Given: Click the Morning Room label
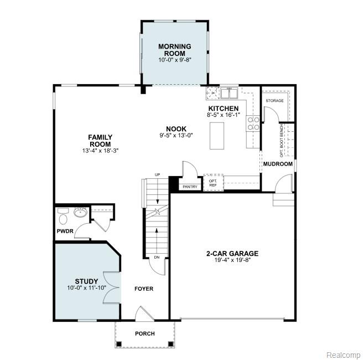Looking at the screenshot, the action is tap(175, 50).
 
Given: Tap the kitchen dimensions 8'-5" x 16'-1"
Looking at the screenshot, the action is tap(223, 115).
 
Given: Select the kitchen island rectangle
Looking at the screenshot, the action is tap(217, 136).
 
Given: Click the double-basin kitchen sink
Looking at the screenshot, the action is tap(229, 93).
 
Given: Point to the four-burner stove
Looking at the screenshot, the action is tap(253, 124).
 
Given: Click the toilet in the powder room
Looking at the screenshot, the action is tap(63, 217).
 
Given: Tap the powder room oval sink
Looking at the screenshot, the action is tap(80, 212).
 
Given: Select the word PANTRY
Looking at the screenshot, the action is tap(190, 187).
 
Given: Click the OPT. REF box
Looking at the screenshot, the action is tap(214, 183).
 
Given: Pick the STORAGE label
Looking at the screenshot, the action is tap(274, 101).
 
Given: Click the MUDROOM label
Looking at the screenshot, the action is tap(278, 164).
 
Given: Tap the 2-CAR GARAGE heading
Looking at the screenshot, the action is tap(232, 253).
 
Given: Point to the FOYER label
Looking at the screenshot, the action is tap(144, 289).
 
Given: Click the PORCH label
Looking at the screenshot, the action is tap(145, 333).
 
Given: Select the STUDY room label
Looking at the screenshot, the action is tap(86, 281).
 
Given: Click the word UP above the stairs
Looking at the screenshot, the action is tap(158, 175).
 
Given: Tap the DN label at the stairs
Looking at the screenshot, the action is tap(157, 258).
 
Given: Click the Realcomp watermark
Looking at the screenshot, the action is tap(344, 355).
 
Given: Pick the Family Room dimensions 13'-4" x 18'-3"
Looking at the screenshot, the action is tap(100, 151).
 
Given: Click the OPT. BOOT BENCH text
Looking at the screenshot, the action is tap(282, 140).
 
